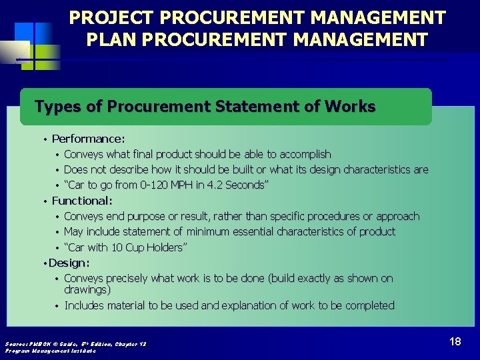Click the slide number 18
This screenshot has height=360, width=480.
[455, 341]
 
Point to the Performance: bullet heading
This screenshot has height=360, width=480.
[88, 139]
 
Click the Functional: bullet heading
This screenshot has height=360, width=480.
[82, 201]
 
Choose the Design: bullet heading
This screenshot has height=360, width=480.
[69, 263]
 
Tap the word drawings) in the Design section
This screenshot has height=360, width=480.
[87, 290]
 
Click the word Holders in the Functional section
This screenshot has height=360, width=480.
[168, 247]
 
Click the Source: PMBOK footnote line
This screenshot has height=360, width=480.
[75, 343]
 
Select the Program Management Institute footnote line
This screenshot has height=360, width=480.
[51, 350]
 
